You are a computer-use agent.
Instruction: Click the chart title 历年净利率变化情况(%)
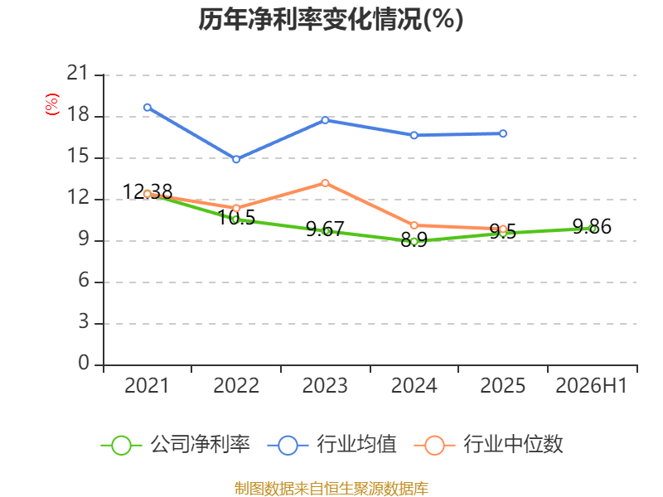331,19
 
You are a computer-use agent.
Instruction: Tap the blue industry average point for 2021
148,108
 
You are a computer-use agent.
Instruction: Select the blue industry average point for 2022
236,159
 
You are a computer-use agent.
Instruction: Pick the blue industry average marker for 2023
325,120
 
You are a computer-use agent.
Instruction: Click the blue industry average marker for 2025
503,133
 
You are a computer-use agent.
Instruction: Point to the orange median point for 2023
325,183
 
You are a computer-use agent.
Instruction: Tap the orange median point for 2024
414,225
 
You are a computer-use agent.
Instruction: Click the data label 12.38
148,192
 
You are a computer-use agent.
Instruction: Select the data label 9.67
325,229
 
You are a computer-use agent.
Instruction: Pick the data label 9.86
592,226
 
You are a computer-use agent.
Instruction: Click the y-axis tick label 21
78,73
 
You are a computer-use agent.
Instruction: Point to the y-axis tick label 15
78,157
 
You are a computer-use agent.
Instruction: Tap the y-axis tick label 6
84,281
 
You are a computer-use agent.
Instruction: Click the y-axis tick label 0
84,363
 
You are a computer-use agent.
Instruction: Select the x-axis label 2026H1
592,385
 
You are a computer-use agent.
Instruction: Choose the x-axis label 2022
236,385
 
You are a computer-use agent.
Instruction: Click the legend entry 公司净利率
176,445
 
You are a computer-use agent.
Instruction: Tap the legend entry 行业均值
332,445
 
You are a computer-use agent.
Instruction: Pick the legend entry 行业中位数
489,445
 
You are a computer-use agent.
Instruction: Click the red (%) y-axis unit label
52,104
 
